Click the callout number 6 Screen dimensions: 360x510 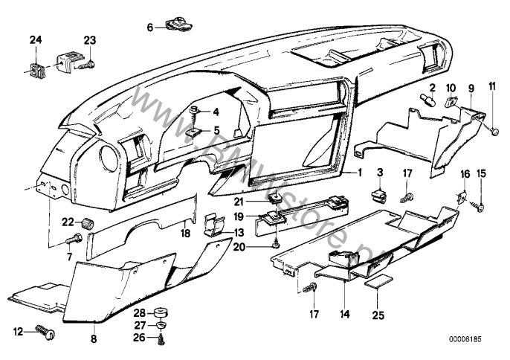[x=149, y=28]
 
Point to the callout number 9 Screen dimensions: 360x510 [x=470, y=89]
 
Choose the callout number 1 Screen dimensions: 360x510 [x=339, y=172]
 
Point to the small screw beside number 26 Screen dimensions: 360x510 [x=159, y=337]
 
